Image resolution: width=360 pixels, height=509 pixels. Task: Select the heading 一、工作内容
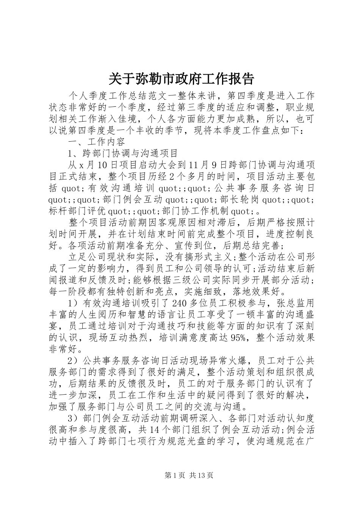click(x=97, y=142)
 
